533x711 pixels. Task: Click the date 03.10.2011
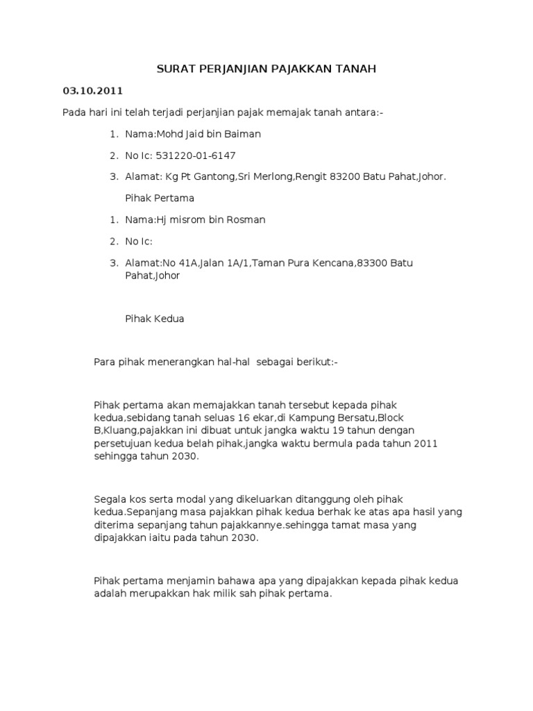[92, 91]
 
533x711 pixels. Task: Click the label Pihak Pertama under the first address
[160, 198]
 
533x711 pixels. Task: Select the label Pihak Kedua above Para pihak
[155, 319]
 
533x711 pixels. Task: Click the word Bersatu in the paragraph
[353, 418]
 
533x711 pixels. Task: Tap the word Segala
[110, 499]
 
